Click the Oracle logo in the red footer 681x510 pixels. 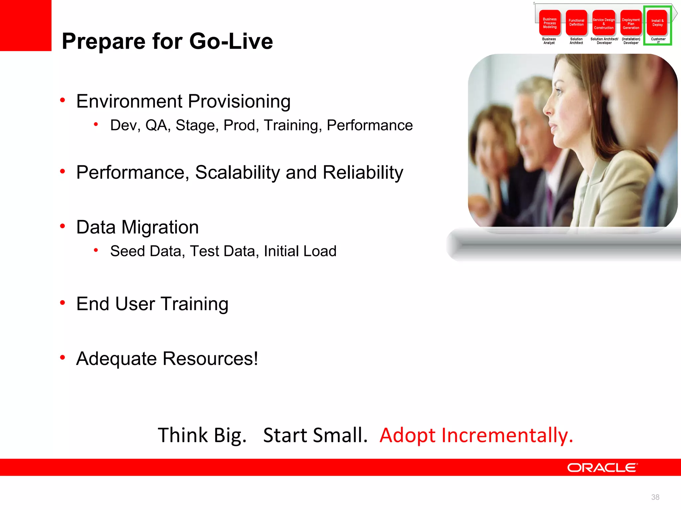602,467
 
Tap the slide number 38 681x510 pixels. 655,497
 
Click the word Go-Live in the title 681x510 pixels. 231,41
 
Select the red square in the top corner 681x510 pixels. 26,25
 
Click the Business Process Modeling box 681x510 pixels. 550,23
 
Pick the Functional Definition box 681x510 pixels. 576,23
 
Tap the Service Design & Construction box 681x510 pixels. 604,23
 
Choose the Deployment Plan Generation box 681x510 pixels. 631,23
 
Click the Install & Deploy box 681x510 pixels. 657,23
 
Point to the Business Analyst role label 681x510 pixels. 549,41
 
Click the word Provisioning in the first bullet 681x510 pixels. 239,101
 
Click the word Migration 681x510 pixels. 160,227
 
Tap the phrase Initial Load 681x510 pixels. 300,251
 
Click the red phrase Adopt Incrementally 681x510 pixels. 476,435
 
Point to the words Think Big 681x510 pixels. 202,435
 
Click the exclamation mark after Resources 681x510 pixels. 256,359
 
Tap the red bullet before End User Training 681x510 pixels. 63,302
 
